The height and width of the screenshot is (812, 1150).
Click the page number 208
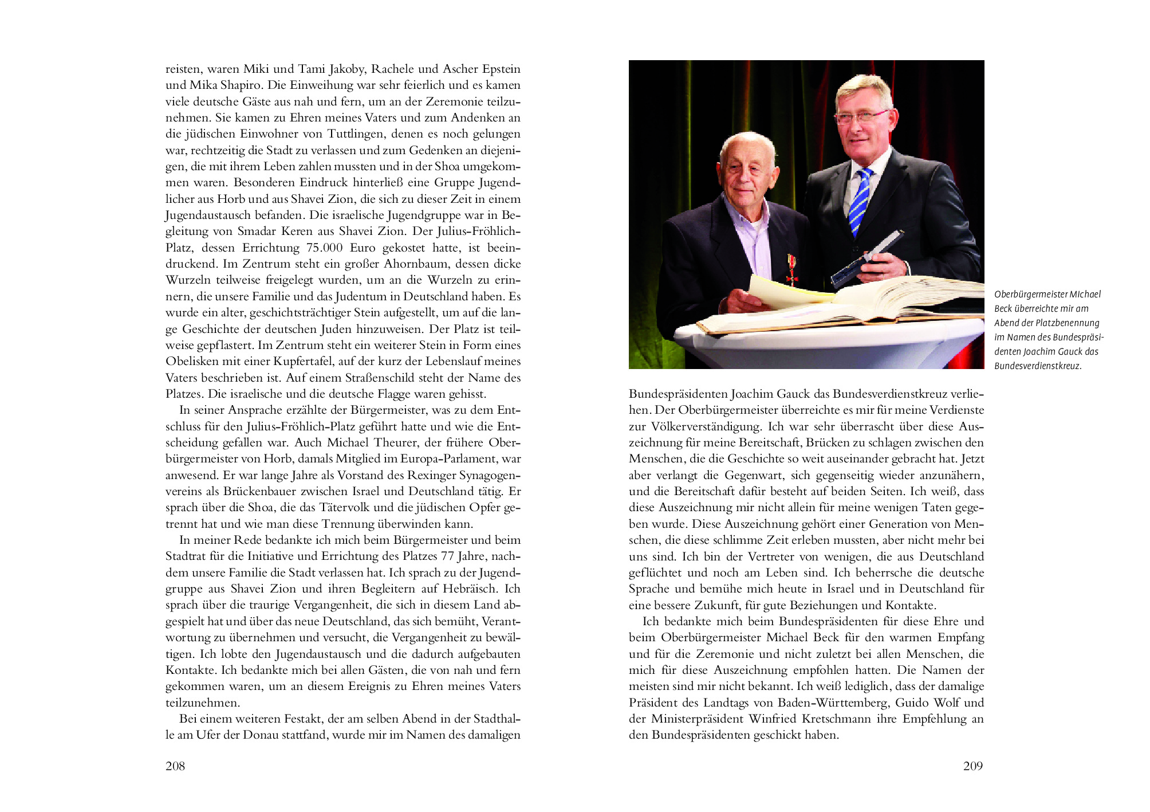tap(175, 766)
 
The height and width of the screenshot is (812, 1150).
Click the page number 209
tap(973, 766)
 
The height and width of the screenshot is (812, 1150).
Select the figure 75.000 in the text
tap(325, 248)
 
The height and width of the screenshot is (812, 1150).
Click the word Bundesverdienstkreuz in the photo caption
tap(1037, 366)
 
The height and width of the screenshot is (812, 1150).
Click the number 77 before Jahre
tap(447, 556)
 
